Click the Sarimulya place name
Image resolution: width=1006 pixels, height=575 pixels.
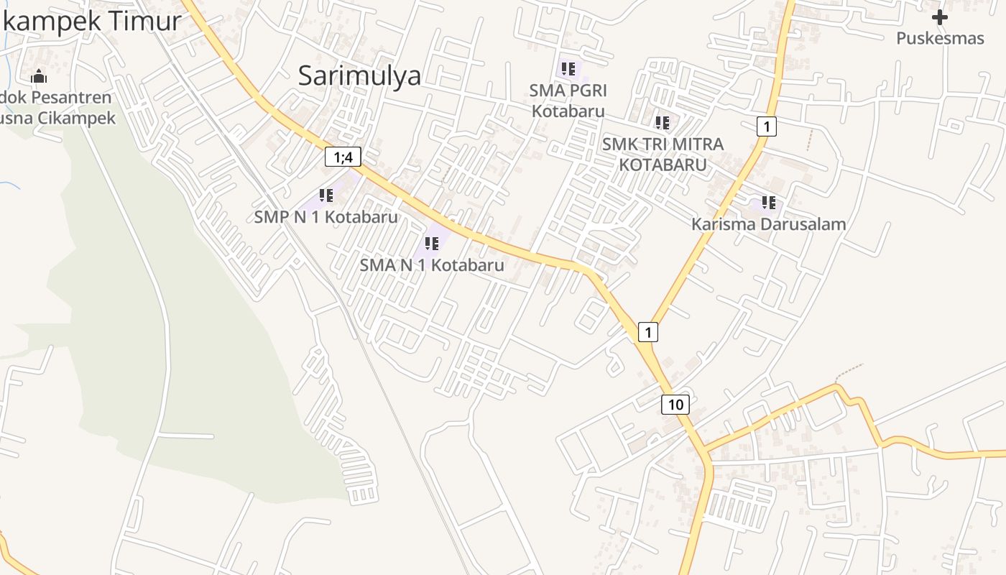pos(359,75)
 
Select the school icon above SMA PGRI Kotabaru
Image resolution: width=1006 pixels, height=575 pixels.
pos(568,69)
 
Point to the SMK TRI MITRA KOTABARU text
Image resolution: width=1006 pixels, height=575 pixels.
pos(663,154)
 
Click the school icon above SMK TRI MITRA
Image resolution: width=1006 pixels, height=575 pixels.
pos(662,123)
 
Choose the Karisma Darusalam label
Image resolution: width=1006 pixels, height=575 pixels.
pos(768,224)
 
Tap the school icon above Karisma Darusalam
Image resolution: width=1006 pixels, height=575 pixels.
pos(769,203)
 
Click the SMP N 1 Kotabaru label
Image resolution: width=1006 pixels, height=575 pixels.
pos(326,216)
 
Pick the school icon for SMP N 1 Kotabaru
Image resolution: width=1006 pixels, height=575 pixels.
pos(326,195)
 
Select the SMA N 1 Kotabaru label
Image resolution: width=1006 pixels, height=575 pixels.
pos(432,264)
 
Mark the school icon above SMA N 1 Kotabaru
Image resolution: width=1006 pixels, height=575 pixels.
pos(431,244)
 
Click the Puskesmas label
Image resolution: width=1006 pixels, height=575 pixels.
pos(939,38)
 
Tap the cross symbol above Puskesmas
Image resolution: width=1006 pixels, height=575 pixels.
pos(939,17)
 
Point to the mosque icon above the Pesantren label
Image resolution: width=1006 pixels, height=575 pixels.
pos(39,76)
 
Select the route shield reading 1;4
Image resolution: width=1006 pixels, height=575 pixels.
pos(343,157)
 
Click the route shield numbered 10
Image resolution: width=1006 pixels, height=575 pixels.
pos(675,404)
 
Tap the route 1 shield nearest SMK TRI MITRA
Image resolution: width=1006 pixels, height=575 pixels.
pos(767,127)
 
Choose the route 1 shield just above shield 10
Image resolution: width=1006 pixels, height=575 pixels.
pos(648,331)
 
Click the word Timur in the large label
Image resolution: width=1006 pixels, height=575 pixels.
pos(144,22)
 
